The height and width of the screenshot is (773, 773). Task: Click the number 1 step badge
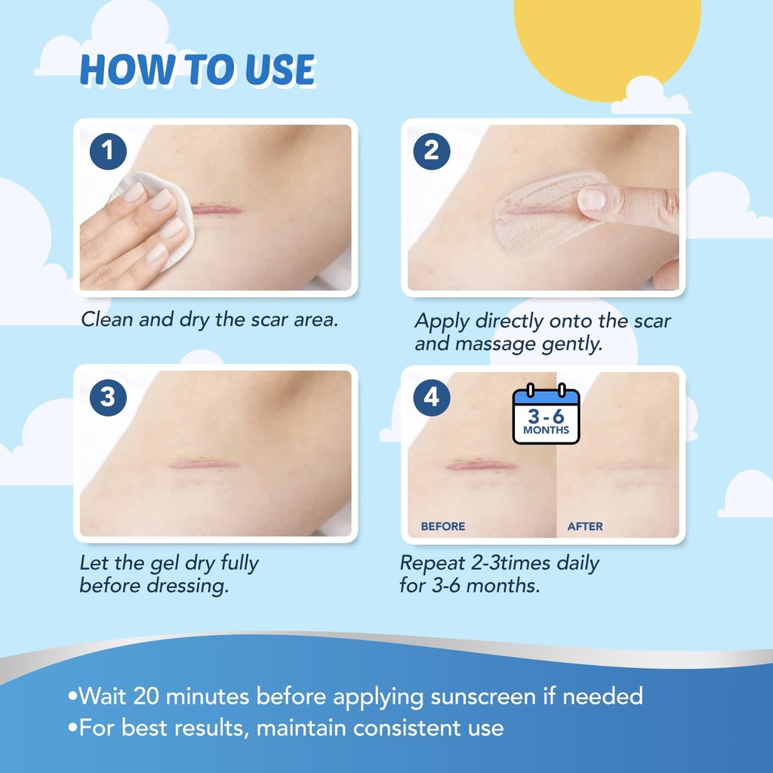pos(108,151)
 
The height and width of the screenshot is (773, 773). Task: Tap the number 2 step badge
pos(431,151)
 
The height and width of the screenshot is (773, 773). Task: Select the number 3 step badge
pos(108,397)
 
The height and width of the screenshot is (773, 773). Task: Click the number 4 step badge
pos(431,397)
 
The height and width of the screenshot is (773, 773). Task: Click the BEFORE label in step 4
pos(443,526)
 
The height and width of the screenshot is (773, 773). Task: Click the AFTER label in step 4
pos(585,526)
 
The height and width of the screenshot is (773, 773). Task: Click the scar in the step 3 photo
pos(204,463)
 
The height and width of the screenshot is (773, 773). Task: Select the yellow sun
pos(608,38)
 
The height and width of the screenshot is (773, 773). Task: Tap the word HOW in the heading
pos(117,70)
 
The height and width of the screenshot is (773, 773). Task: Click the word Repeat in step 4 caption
pos(429,563)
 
